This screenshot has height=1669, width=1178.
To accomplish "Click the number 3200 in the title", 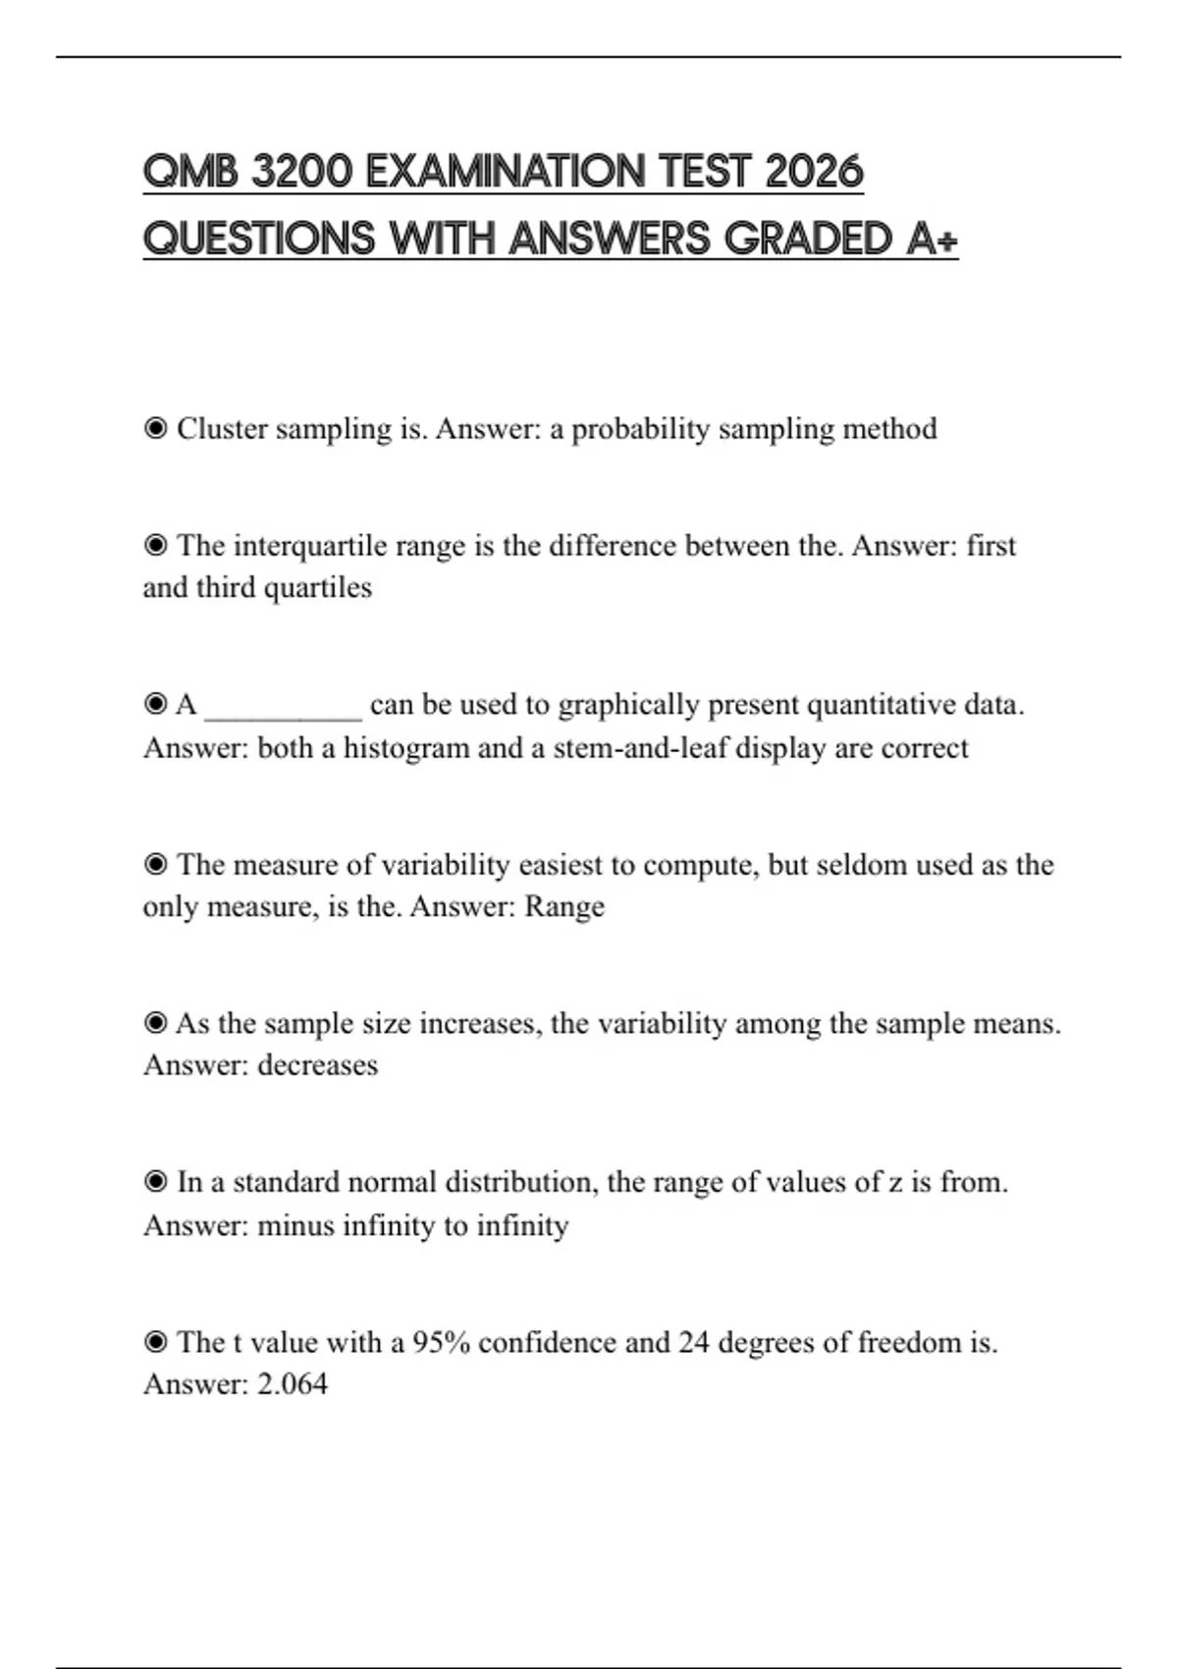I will [301, 173].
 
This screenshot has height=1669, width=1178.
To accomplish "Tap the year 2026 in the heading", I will [814, 173].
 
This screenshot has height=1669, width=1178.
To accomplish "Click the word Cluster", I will [222, 429].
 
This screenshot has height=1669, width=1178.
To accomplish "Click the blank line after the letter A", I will [283, 707].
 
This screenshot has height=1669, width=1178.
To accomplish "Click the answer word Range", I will [564, 906].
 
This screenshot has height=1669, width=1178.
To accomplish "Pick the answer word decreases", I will [317, 1065].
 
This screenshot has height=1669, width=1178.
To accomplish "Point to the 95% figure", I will [441, 1342].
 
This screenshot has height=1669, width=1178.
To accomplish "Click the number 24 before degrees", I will [693, 1342].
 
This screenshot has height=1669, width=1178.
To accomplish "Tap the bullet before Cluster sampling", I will [155, 429].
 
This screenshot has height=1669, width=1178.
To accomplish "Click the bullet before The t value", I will [155, 1342].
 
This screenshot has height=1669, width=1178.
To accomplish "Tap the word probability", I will [640, 429].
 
